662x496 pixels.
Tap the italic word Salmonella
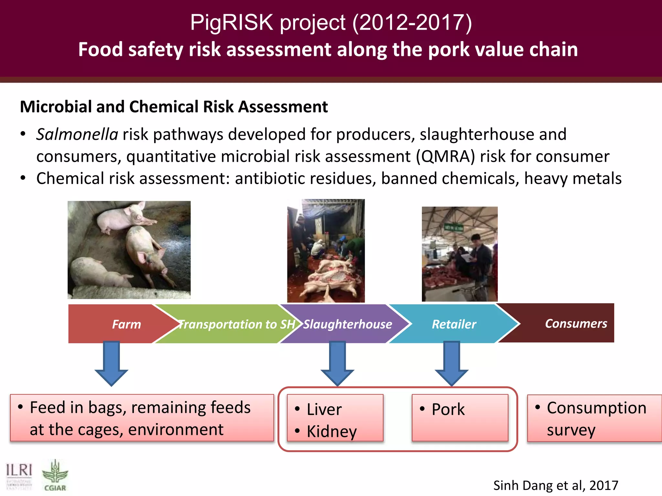pos(77,134)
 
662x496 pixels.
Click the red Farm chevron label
pos(126,324)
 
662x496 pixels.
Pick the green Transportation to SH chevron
pos(237,324)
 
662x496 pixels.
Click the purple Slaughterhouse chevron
pos(347,324)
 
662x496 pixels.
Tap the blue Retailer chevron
pos(454,324)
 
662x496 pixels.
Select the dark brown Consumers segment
pos(576,324)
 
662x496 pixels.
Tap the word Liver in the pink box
pos(324,409)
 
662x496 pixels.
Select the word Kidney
pos(332,431)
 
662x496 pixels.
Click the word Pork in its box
pos(448,409)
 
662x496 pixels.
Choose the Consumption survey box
pos(594,418)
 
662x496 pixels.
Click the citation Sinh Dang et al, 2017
pos(555,485)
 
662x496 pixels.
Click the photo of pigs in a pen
pos(129,250)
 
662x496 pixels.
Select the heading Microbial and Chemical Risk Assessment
pos(174,107)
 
